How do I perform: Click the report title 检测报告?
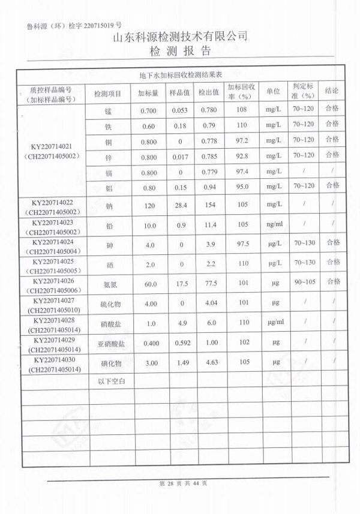[x=180, y=50]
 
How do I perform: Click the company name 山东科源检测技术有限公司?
[x=180, y=37]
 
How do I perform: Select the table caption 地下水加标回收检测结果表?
[x=181, y=76]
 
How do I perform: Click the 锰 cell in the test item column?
[x=108, y=110]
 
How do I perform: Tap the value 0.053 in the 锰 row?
[x=180, y=110]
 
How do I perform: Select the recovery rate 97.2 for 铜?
[x=242, y=140]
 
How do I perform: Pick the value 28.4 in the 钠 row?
[x=180, y=205]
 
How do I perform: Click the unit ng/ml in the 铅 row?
[x=273, y=225]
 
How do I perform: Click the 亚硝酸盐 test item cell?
[x=109, y=343]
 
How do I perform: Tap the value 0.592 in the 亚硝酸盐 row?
[x=180, y=343]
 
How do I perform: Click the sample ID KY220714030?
[x=53, y=359]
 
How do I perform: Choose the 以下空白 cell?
[x=108, y=381]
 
